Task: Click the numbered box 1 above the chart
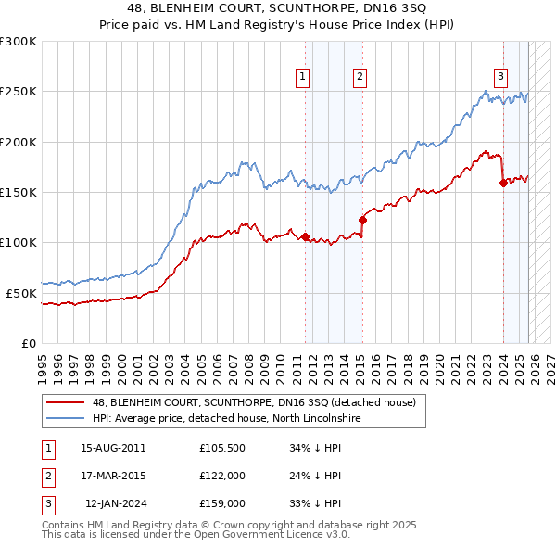[x=303, y=77]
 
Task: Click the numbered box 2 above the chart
[x=360, y=77]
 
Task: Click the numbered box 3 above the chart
[x=500, y=77]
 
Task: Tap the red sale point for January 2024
[x=503, y=183]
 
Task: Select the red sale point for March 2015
[x=362, y=220]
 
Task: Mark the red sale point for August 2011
[x=305, y=236]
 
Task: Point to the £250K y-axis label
[x=19, y=92]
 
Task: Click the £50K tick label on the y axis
[x=21, y=293]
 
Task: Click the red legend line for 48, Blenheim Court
[x=66, y=402]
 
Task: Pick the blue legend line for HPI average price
[x=66, y=419]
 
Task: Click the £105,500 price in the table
[x=221, y=447]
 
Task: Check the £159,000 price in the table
[x=221, y=504]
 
